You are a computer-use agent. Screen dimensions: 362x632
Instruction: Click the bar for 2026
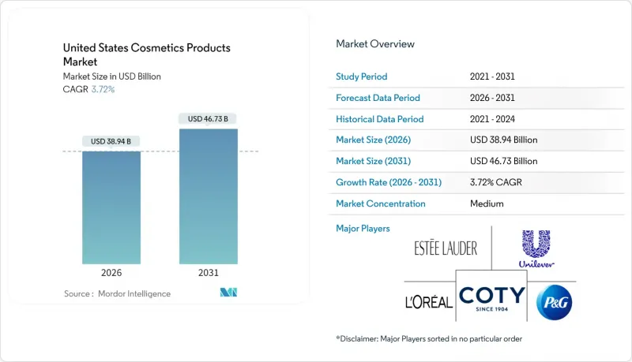[111, 207]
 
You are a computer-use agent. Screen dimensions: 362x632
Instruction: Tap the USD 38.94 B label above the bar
[111, 142]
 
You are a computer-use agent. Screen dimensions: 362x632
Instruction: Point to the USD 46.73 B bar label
[209, 119]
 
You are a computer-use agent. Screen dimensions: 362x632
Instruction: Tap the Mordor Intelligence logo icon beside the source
[228, 293]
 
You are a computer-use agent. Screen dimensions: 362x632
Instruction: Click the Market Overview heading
[375, 44]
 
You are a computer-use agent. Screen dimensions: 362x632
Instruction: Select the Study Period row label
[363, 77]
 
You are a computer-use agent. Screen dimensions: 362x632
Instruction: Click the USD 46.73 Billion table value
[503, 161]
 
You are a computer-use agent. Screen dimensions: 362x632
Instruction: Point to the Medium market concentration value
[486, 203]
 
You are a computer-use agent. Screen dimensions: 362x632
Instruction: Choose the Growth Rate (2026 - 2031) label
[389, 182]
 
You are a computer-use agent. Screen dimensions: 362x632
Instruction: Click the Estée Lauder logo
[446, 249]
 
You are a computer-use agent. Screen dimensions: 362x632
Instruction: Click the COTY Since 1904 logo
[491, 298]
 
